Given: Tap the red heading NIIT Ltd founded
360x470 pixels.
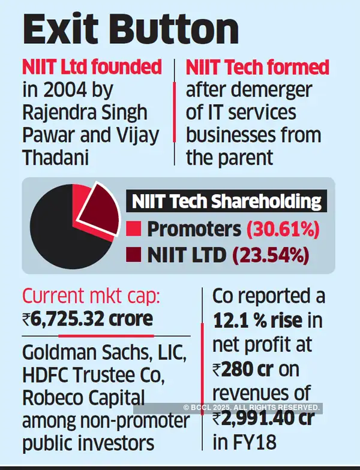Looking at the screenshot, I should (x=92, y=67).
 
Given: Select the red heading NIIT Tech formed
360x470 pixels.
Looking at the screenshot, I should (x=258, y=67).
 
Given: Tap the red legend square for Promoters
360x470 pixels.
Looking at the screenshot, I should (x=134, y=229).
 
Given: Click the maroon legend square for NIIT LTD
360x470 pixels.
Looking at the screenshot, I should (x=134, y=255).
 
